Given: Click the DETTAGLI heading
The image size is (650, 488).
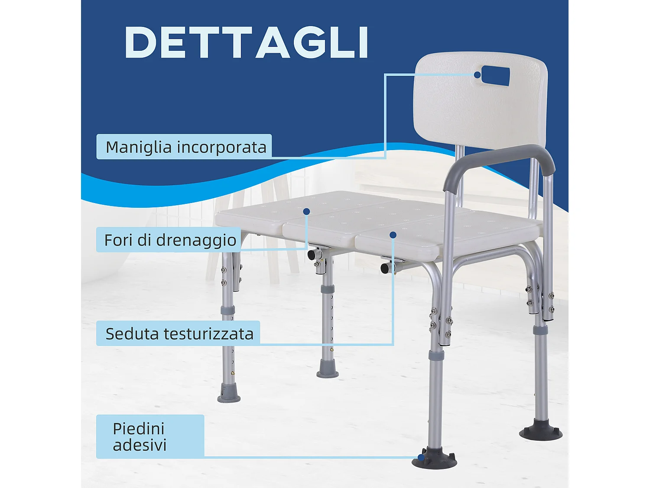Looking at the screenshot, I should (247, 42).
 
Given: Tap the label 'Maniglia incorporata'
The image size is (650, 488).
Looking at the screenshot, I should (185, 147).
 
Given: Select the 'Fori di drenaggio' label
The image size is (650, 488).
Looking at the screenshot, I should (170, 240).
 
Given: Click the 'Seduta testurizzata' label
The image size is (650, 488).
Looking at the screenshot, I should (179, 334).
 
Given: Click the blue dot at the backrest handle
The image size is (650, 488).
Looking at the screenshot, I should (477, 75).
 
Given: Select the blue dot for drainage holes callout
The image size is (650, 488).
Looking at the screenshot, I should (306, 212).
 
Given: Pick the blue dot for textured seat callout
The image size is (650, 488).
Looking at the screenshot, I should (393, 235).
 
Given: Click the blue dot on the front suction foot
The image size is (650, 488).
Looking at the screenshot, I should (421, 457).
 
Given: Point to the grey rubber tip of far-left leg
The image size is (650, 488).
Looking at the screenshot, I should (229, 393).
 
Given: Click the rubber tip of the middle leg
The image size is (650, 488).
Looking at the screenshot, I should (328, 369).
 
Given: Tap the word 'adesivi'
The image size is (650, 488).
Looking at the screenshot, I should (140, 445).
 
